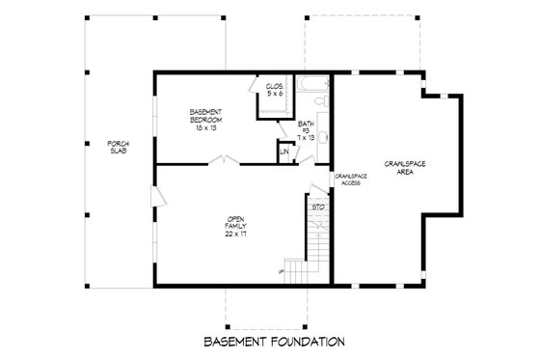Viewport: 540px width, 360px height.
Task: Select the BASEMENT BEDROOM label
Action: [x=206, y=117]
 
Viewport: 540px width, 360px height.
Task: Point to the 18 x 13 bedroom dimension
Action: [x=206, y=128]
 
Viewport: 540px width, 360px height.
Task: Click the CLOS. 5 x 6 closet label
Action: [x=274, y=90]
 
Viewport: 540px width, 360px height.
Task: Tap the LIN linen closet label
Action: [x=284, y=152]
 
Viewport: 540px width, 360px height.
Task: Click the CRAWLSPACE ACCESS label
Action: [x=348, y=180]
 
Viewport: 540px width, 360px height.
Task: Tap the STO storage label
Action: [x=315, y=207]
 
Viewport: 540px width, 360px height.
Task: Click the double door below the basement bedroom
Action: [x=224, y=161]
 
